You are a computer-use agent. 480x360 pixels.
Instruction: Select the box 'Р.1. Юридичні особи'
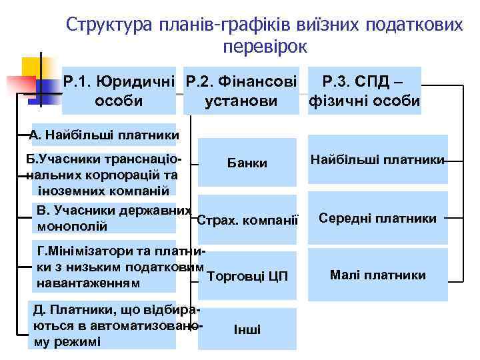click(119, 91)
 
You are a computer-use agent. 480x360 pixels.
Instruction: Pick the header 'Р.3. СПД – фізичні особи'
click(363, 91)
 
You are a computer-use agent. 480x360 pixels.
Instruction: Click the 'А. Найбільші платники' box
click(105, 136)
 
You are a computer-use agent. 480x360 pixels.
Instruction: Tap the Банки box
click(247, 163)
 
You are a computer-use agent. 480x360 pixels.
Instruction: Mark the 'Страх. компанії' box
click(247, 219)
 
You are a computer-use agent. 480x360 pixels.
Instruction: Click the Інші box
click(247, 329)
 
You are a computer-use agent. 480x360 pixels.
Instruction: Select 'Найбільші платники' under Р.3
click(377, 160)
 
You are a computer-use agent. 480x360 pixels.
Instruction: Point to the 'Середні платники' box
click(377, 218)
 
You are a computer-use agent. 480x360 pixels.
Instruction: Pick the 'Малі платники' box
click(377, 275)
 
